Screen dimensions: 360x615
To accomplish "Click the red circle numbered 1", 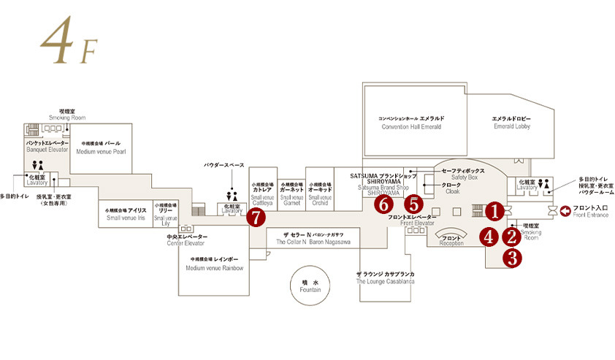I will (x=494, y=212).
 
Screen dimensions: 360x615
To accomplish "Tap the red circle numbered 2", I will (x=512, y=237).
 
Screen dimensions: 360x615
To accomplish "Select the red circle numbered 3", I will (x=512, y=257).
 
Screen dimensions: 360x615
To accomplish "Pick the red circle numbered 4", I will (x=489, y=237).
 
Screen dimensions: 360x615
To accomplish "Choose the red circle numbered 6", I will (x=383, y=205).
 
